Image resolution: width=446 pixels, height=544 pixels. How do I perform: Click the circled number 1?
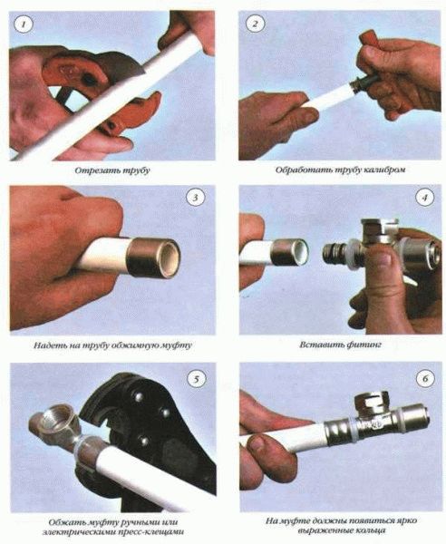24,24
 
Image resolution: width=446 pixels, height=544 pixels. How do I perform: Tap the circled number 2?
255,24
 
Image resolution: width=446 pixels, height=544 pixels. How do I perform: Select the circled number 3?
195,198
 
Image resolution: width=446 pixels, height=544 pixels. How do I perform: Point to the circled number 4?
425,198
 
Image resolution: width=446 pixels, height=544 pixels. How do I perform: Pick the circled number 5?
197,379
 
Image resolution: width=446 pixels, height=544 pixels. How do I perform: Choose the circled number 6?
425,378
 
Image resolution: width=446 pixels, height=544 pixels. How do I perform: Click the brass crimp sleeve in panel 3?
153,257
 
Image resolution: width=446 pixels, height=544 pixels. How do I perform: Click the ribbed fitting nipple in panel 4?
335,254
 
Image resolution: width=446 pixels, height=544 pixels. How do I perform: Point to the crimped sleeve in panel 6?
338,431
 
